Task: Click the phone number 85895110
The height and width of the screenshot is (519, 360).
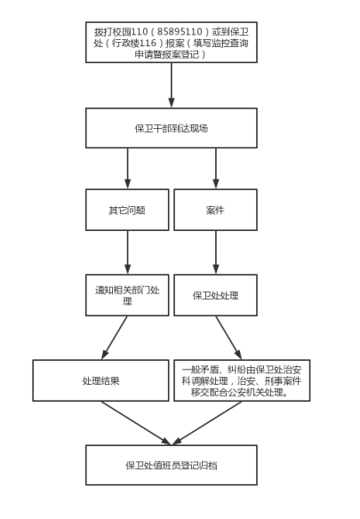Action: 180,32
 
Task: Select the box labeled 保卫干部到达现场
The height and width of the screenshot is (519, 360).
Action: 172,128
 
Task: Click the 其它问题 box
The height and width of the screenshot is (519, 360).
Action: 127,210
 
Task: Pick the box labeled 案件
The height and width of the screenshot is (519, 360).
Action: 216,210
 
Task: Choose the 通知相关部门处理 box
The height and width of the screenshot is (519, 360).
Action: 127,295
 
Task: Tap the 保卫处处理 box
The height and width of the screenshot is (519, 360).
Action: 216,295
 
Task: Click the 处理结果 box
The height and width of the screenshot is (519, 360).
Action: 100,380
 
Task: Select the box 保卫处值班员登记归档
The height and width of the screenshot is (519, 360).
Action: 172,465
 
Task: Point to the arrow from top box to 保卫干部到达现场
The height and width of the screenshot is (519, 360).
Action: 172,85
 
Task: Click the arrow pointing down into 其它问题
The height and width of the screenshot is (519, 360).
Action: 127,169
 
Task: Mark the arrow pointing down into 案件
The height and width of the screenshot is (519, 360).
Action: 216,169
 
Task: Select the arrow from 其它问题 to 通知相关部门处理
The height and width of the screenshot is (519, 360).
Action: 127,252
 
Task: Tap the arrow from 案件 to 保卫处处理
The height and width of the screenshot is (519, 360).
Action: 216,252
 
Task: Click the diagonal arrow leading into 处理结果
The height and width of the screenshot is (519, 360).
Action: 115,338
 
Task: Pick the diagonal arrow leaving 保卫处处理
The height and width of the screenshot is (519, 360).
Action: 228,338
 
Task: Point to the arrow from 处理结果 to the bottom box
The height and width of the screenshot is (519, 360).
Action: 136,423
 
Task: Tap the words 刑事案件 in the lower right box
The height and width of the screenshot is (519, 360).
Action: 284,381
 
